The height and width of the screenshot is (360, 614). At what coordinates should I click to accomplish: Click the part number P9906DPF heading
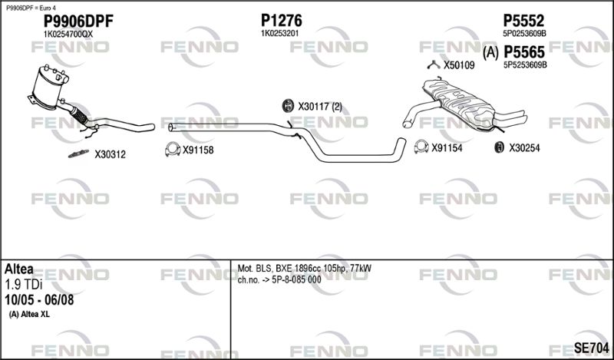tap(78, 21)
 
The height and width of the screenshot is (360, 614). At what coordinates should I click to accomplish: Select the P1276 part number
tap(282, 21)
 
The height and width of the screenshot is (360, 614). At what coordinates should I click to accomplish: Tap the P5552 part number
tap(523, 21)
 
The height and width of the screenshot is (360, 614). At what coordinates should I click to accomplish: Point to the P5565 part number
tap(524, 52)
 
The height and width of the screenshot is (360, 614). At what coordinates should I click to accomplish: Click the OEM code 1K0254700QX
tap(68, 35)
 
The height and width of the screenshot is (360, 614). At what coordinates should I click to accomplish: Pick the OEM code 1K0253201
tap(279, 34)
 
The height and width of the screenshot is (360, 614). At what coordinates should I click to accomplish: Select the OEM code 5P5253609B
tap(525, 65)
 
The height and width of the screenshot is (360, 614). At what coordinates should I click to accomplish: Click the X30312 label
tap(110, 155)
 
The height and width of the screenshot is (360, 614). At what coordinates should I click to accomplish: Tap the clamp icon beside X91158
tap(172, 149)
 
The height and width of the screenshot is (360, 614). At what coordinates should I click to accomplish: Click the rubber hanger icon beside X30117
tap(288, 106)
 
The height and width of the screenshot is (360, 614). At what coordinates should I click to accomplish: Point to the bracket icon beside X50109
tap(434, 65)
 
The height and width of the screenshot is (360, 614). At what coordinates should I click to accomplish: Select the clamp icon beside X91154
tap(421, 147)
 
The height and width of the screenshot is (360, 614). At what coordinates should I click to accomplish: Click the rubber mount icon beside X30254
tap(499, 147)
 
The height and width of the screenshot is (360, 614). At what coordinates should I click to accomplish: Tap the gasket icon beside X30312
tap(79, 154)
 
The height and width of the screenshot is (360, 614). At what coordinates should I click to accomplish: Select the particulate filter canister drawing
tap(49, 88)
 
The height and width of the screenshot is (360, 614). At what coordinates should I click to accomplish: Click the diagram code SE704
tap(591, 348)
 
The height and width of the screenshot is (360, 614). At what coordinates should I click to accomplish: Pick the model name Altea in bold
tap(19, 269)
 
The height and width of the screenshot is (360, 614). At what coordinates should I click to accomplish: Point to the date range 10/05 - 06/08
tap(39, 300)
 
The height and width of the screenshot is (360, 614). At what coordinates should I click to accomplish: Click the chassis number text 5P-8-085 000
tap(296, 279)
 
